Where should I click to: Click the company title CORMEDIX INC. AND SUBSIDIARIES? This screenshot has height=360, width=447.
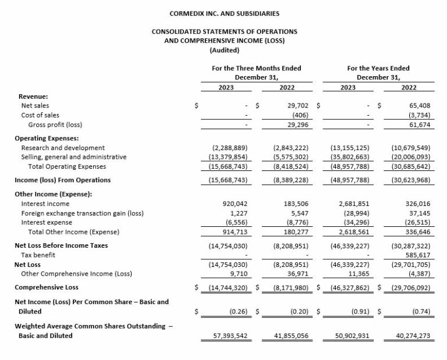224,12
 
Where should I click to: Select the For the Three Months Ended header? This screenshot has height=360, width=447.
256,68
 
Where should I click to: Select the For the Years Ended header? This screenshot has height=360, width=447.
378,68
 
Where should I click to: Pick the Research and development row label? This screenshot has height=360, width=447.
63,148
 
